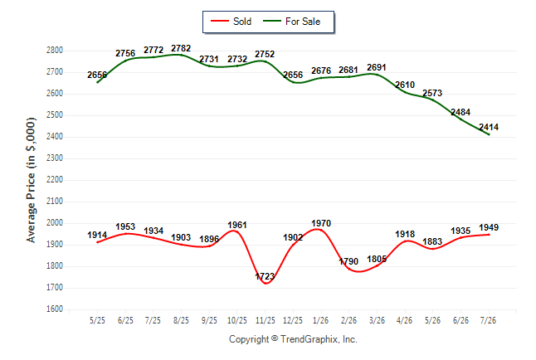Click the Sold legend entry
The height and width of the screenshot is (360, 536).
pos(231,22)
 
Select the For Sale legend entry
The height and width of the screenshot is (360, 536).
pos(291,22)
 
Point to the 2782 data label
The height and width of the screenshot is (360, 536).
pos(181,48)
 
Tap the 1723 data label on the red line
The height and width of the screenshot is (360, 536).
pos(265,276)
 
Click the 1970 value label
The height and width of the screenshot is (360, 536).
pos(321,223)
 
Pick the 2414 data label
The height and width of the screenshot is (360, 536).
pos(489,127)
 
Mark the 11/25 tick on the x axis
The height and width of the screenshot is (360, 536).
pos(266,320)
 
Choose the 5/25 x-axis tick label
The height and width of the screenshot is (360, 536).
pos(97,320)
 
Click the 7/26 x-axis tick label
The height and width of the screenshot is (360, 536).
pos(488,320)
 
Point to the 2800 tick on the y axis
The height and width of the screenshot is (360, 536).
pos(55,51)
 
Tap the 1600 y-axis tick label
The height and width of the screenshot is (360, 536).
pos(55,309)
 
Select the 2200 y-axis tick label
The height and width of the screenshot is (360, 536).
pos(55,179)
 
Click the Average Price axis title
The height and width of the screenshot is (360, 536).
pos(31,180)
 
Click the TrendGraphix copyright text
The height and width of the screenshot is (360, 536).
pos(293,339)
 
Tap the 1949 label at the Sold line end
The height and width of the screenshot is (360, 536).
pos(489,227)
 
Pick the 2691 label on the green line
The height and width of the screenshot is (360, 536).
pos(377,67)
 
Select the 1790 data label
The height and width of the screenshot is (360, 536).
pos(348,261)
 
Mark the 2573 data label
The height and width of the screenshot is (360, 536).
pos(432,93)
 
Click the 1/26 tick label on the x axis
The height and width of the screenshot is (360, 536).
pos(320,320)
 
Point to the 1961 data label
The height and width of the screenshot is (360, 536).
pos(237,225)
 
